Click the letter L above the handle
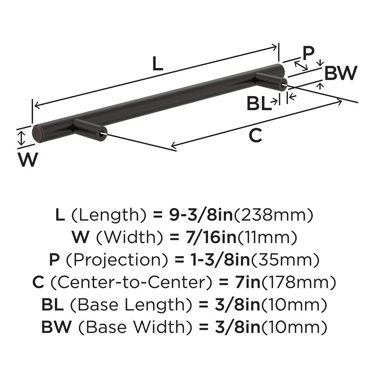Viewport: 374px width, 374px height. tap(157, 64)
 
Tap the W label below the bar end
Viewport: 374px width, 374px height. tap(28, 159)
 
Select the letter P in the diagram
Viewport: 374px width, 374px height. tap(308, 53)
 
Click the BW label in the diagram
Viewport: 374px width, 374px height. tap(340, 73)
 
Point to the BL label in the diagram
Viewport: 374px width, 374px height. tap(259, 104)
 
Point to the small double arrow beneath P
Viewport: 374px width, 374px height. tap(301, 66)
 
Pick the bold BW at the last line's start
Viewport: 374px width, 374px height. tap(56, 327)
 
